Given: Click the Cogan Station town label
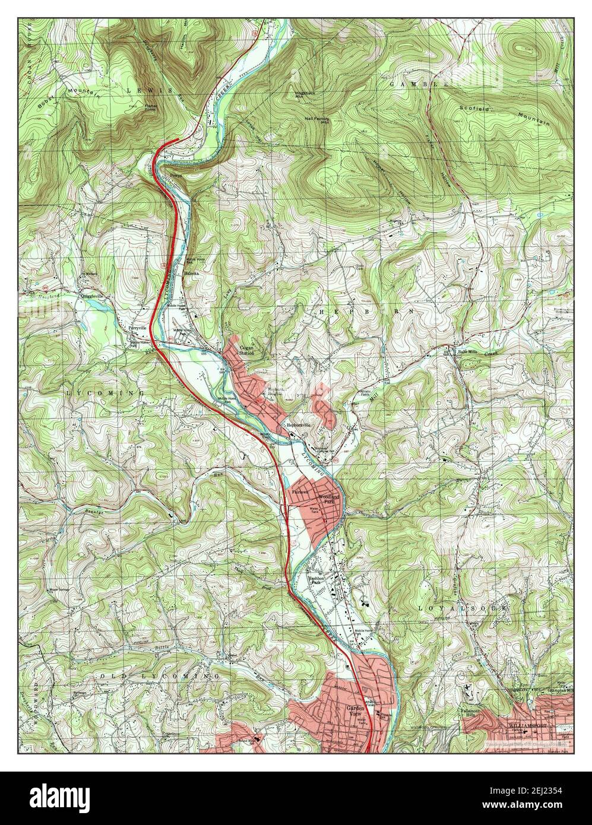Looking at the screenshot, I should tap(246, 351).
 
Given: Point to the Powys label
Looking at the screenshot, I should tap(176, 176).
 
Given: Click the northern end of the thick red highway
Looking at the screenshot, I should tap(178, 140).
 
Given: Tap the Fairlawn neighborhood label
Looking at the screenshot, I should tap(300, 492).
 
